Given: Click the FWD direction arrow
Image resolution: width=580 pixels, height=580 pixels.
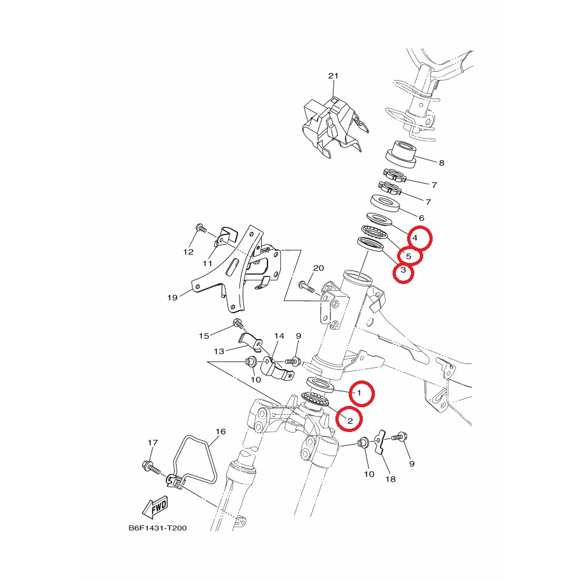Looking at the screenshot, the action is coord(156,507).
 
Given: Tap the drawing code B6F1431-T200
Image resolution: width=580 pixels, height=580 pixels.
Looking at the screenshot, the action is coord(158,528).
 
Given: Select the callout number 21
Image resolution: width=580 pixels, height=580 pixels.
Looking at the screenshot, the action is coord(334,76).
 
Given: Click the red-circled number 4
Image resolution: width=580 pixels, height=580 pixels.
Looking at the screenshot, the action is coord(415,238).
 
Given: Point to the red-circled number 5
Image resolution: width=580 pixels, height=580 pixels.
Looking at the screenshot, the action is coord(408,256).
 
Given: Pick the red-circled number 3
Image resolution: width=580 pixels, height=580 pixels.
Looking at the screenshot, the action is coord(403,270).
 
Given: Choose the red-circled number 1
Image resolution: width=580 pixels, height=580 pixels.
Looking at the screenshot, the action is coord(359,393).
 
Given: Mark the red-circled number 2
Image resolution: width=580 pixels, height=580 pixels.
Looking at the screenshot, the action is coord(350,420).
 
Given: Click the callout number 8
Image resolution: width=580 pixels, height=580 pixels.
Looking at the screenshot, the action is coord(442,163).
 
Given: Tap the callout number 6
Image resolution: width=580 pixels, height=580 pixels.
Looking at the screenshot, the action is coord(421,219).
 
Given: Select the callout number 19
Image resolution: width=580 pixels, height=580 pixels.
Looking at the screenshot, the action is coord(172,297).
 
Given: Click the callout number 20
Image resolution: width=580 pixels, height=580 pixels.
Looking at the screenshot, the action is coord(318,268).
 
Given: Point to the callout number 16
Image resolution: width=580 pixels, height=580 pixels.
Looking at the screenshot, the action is coord(220,431).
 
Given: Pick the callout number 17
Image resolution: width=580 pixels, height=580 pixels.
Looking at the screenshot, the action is coord(152,442).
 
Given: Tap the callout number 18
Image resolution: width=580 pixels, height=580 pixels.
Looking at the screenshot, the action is coord(391,479).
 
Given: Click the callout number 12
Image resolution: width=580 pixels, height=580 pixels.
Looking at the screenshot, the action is coord(188,252).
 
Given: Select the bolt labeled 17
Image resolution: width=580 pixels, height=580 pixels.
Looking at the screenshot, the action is coord(151,467).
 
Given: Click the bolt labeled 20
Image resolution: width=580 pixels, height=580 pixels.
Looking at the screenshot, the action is coord(306,287).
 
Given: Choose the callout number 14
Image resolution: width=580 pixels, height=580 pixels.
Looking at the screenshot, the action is coord(280,336).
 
